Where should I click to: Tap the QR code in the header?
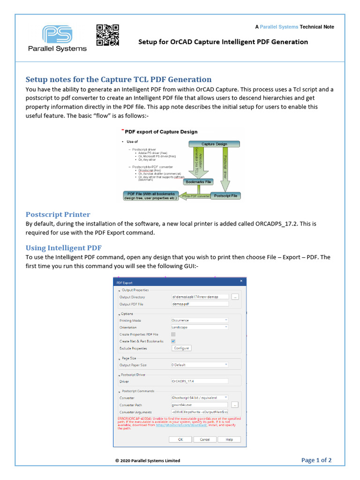(108, 35)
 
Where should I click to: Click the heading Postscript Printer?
(58, 214)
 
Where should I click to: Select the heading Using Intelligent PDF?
(63, 247)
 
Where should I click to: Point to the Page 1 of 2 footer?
(316, 460)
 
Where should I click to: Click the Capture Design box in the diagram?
(214, 144)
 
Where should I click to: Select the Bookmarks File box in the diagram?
(198, 181)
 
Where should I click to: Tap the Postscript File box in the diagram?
(225, 195)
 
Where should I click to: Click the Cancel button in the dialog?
(205, 439)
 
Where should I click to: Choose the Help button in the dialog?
(229, 439)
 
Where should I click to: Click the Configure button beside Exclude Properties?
(181, 348)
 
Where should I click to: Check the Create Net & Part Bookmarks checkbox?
(173, 341)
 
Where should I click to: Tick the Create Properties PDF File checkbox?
(173, 334)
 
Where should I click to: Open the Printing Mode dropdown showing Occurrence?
(200, 320)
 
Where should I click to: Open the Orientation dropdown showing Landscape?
(200, 327)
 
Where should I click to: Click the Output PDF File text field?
(200, 304)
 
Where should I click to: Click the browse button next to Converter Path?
(235, 405)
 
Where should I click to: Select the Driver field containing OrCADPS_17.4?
(200, 381)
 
